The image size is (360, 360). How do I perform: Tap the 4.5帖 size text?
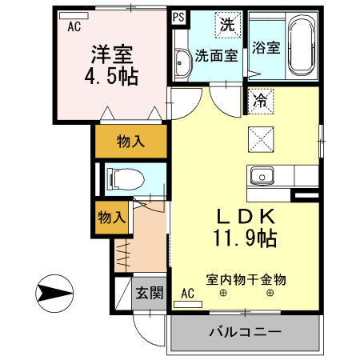111,77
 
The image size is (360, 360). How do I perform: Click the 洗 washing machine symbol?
227,24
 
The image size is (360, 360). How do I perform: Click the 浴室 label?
266,46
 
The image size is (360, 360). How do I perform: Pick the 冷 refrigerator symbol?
260,100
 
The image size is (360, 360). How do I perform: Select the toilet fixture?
122,177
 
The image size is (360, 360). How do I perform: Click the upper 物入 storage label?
130,142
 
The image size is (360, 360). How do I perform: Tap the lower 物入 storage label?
110,217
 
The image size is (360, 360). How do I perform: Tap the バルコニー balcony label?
245,331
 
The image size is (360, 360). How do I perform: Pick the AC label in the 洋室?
74,26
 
